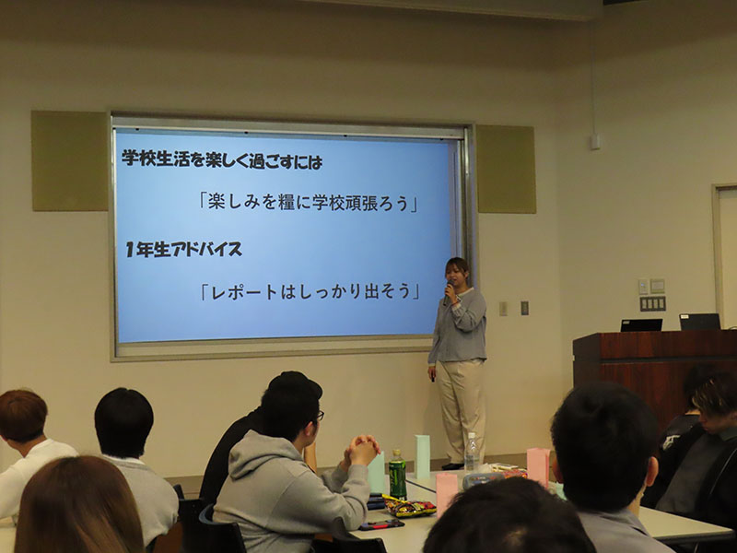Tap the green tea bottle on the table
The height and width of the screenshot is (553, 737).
point(397,474)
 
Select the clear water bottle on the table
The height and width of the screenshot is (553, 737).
point(471,452)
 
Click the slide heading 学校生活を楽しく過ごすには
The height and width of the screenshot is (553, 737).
point(222,160)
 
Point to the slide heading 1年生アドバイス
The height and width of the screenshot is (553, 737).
point(183,249)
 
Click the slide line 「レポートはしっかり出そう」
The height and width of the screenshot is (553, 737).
point(310,291)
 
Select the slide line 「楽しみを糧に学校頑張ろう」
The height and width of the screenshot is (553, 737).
point(309,202)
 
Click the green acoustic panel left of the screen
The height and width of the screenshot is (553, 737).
point(70,160)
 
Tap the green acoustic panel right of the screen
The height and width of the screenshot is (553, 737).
point(506,169)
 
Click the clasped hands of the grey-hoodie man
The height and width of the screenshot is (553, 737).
point(361,450)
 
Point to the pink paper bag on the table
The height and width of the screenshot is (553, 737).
point(538,466)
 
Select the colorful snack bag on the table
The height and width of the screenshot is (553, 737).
point(409,506)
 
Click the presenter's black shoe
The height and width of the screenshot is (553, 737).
point(452,466)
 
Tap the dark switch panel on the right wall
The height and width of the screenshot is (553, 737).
point(652,303)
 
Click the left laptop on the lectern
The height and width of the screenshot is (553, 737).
point(641,325)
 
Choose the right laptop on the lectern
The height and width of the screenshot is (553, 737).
point(700,322)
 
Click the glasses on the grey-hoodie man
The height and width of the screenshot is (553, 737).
point(320,416)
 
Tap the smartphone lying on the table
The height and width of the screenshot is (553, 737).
point(381,524)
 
